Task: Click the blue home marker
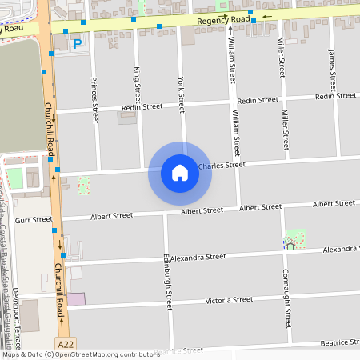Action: point(180,173)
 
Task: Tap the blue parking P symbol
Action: point(77,45)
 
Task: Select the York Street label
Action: point(181,94)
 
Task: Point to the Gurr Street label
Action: point(33,219)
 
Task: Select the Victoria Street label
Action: point(229,301)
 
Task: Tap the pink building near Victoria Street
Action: point(75,298)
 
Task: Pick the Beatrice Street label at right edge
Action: point(338,343)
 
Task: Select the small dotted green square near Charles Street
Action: point(84,186)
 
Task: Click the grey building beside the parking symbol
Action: point(60,42)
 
